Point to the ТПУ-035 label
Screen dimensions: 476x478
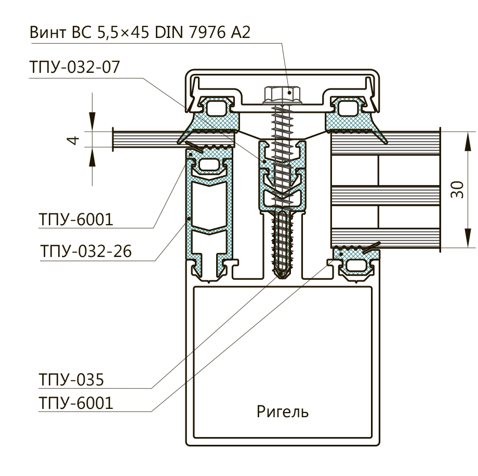(71, 379)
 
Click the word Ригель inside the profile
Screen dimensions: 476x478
(283, 412)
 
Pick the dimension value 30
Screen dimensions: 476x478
(457, 190)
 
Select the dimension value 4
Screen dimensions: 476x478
(74, 140)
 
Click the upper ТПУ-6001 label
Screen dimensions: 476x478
(75, 219)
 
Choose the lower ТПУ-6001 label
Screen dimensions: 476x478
(75, 403)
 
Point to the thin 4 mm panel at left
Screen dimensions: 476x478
(145, 139)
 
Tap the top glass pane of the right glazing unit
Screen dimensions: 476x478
(384, 144)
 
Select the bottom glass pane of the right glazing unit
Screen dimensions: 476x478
(384, 237)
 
